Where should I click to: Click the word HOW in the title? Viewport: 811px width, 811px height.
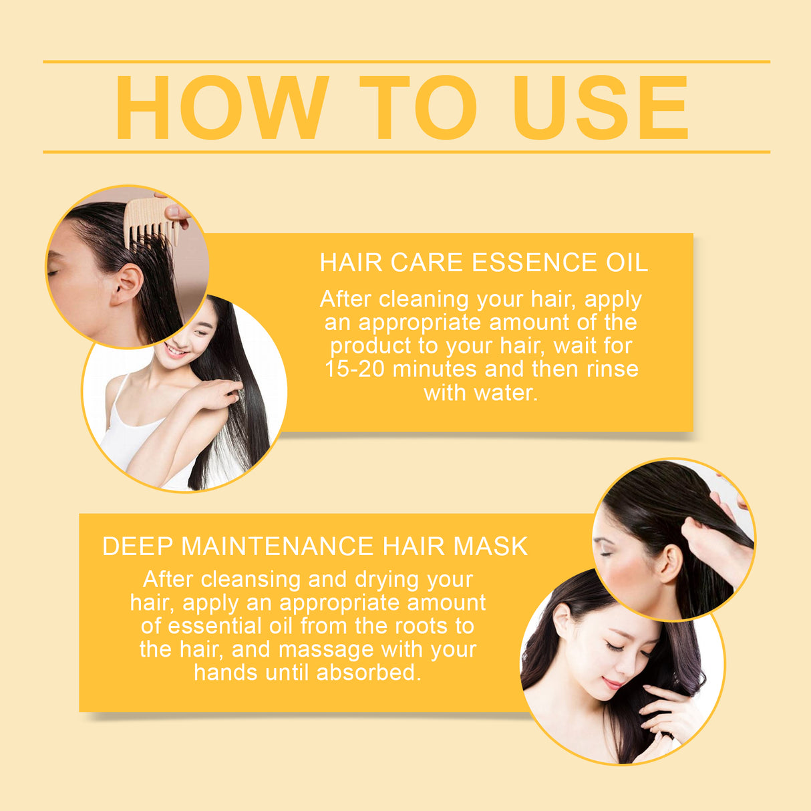[x=222, y=108]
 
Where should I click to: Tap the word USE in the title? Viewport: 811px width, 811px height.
[x=601, y=108]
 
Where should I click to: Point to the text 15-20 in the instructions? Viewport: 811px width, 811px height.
[x=354, y=369]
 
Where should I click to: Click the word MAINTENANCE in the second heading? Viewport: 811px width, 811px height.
[x=277, y=546]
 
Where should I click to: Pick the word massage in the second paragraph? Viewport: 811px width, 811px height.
[x=326, y=650]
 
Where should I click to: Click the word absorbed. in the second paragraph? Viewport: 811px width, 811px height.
[x=369, y=673]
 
